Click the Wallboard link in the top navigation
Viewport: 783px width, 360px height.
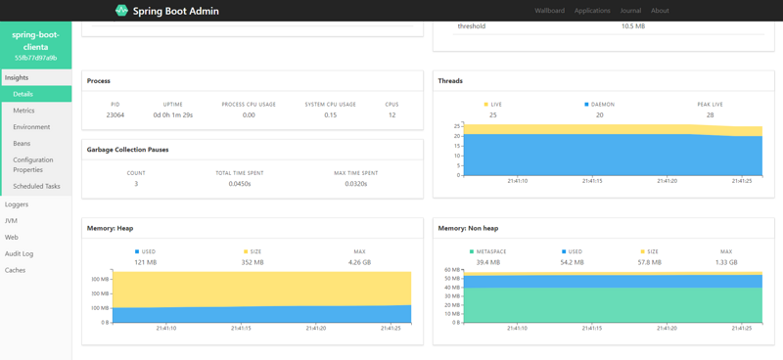click(x=549, y=11)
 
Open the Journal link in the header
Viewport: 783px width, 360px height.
click(x=630, y=11)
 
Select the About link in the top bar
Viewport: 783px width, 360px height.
click(x=661, y=11)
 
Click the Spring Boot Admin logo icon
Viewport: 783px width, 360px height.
click(x=121, y=11)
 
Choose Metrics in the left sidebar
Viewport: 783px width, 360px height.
click(x=23, y=111)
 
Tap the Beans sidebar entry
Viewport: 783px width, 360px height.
click(x=22, y=144)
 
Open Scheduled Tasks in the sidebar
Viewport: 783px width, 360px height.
click(x=36, y=186)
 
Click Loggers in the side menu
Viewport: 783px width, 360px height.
click(x=17, y=204)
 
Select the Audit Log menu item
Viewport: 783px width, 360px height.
click(x=19, y=253)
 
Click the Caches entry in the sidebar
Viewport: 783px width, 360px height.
click(x=15, y=270)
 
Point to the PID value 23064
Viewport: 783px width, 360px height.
click(x=115, y=114)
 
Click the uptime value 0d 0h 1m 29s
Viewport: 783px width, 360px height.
click(x=172, y=114)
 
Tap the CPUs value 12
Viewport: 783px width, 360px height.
click(x=391, y=114)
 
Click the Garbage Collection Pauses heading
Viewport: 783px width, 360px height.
click(x=127, y=150)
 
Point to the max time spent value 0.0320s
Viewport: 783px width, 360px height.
click(x=356, y=184)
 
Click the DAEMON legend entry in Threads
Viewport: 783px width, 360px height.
click(x=600, y=104)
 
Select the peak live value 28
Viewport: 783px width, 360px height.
click(x=710, y=114)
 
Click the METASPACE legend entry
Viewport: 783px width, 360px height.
click(x=488, y=251)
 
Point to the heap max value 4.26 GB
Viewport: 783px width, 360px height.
click(x=359, y=262)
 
